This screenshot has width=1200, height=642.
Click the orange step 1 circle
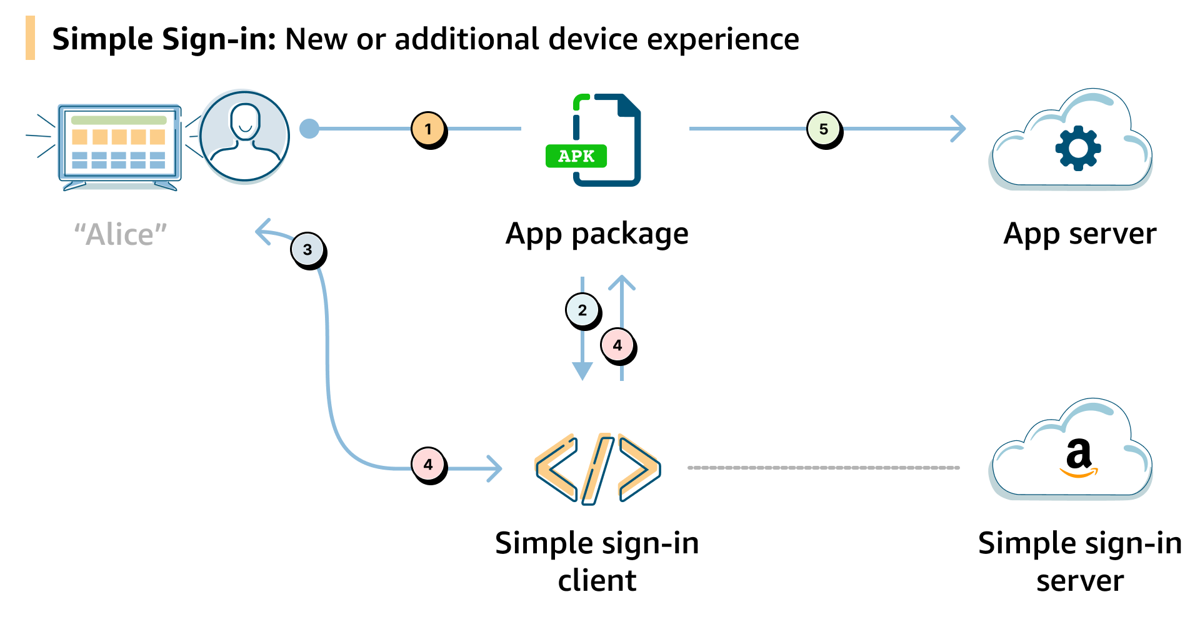(428, 129)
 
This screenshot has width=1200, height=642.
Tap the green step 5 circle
(824, 129)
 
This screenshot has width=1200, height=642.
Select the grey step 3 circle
(307, 249)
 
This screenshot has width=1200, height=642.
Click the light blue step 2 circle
(582, 310)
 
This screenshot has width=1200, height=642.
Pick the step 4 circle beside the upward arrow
(617, 345)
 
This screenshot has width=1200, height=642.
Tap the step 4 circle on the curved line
(428, 465)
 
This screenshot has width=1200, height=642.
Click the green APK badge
(576, 156)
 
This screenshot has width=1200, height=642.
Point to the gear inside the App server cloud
(1077, 148)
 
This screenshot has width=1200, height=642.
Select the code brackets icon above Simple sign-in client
(597, 468)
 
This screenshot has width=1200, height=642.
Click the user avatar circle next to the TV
(245, 136)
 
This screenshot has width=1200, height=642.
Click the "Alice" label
(121, 235)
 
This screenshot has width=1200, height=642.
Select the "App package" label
(597, 234)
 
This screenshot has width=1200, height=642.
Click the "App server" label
(1079, 234)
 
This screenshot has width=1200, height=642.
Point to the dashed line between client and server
(823, 467)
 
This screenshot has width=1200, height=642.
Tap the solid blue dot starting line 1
(309, 129)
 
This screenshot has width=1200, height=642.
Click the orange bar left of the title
(30, 38)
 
